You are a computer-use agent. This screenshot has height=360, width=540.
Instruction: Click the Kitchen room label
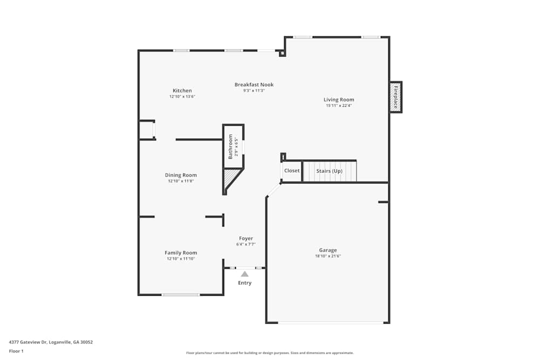click(182, 91)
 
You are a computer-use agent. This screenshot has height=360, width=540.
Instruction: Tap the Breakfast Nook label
click(254, 85)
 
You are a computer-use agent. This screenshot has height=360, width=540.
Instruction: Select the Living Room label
click(339, 99)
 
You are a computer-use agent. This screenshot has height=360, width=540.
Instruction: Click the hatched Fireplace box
click(395, 97)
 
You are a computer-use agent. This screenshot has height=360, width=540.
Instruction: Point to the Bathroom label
click(231, 146)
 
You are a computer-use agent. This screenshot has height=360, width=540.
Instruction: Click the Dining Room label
click(181, 175)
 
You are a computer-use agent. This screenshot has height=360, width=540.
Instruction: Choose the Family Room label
click(181, 253)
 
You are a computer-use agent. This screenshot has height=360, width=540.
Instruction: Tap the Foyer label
click(246, 238)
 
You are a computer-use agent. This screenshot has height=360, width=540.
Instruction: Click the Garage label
click(328, 250)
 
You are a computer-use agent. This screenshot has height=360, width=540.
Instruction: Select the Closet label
click(292, 171)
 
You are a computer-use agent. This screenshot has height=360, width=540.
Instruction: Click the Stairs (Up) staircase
click(329, 171)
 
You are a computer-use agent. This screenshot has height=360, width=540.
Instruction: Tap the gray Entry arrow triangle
click(245, 274)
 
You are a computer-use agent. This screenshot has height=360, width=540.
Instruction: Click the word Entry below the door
click(245, 283)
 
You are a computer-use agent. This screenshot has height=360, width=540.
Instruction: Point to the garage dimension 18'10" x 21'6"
click(328, 256)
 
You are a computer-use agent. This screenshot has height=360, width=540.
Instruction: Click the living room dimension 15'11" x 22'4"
click(339, 106)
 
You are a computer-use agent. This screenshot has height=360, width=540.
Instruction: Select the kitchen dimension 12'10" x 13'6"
click(182, 97)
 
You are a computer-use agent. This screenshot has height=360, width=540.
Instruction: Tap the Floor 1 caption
click(16, 351)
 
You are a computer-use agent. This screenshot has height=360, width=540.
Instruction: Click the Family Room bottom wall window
click(181, 295)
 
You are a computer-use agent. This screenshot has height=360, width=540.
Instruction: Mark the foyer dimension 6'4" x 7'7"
click(246, 244)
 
